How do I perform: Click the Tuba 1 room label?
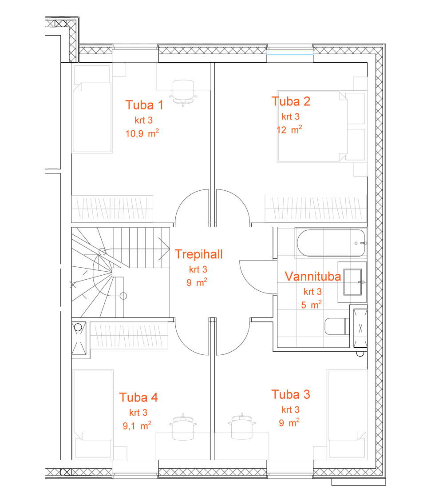coord(144,105)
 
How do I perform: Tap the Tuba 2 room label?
coord(291,101)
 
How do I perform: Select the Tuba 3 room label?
coord(291,394)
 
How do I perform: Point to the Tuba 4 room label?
coord(139,398)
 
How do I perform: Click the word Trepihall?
coord(199,254)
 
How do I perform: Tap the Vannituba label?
coord(313,276)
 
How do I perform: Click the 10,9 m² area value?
coord(142,133)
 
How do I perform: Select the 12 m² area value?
coord(289,129)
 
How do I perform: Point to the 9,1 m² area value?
coord(137,426)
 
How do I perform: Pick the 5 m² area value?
coord(311,305)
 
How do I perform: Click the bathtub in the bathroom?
coord(331,243)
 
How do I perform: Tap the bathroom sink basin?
coord(352,282)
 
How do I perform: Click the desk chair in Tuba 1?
coord(183,92)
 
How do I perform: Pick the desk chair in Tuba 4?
coord(183,427)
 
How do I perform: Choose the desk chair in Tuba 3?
coord(241,426)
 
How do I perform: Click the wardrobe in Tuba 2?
coord(316,209)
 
